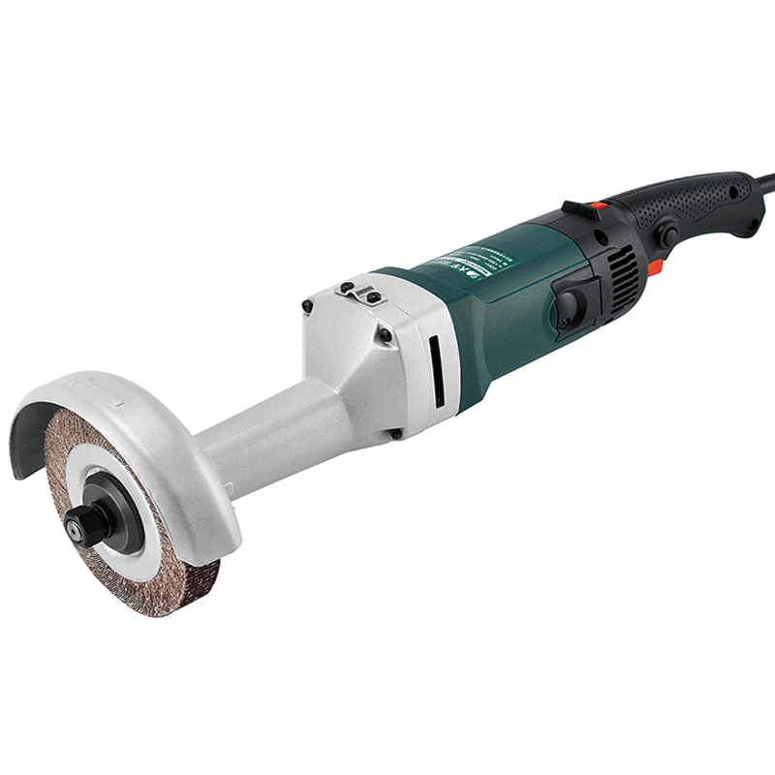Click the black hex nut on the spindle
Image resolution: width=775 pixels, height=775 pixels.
tap(76, 527)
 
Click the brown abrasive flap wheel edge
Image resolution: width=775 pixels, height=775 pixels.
tap(179, 581)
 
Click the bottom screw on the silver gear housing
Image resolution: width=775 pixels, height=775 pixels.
tap(396, 435)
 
